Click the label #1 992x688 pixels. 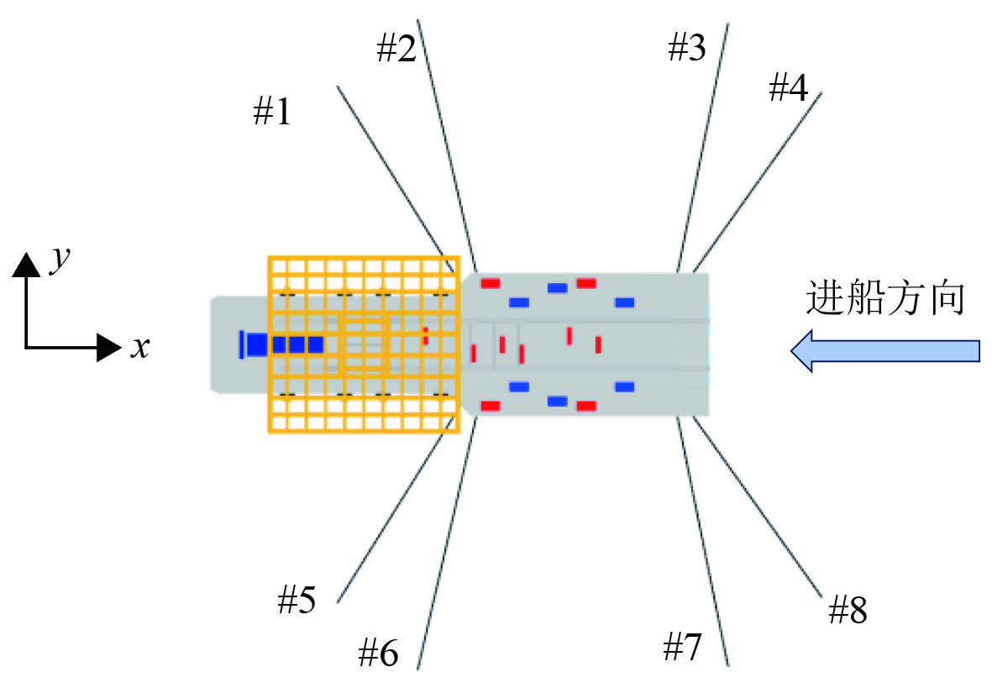click(272, 112)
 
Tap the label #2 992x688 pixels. click(396, 50)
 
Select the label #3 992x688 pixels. click(686, 50)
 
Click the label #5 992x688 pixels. click(297, 600)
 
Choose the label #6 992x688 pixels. click(378, 652)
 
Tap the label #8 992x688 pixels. click(847, 611)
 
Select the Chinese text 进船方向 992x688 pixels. click(884, 298)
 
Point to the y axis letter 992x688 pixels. click(59, 260)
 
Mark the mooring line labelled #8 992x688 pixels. click(756, 506)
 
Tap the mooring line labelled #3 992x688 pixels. click(702, 147)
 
